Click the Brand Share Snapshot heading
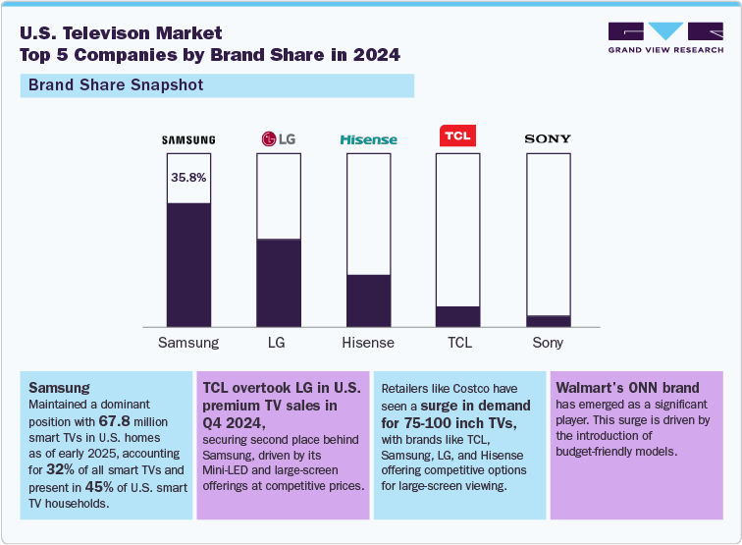pyautogui.click(x=116, y=85)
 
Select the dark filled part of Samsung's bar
pyautogui.click(x=188, y=264)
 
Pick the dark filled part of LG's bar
pyautogui.click(x=278, y=282)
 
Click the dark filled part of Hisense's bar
pyautogui.click(x=368, y=300)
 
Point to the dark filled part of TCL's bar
pyautogui.click(x=458, y=315)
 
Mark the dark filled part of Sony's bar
pyautogui.click(x=548, y=320)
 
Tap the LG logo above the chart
pyautogui.click(x=278, y=139)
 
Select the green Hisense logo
pyautogui.click(x=368, y=140)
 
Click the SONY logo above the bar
pyautogui.click(x=548, y=139)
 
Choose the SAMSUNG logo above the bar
pyautogui.click(x=188, y=139)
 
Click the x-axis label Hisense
pyautogui.click(x=368, y=343)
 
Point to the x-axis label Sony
pyautogui.click(x=548, y=343)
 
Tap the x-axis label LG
pyautogui.click(x=278, y=343)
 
